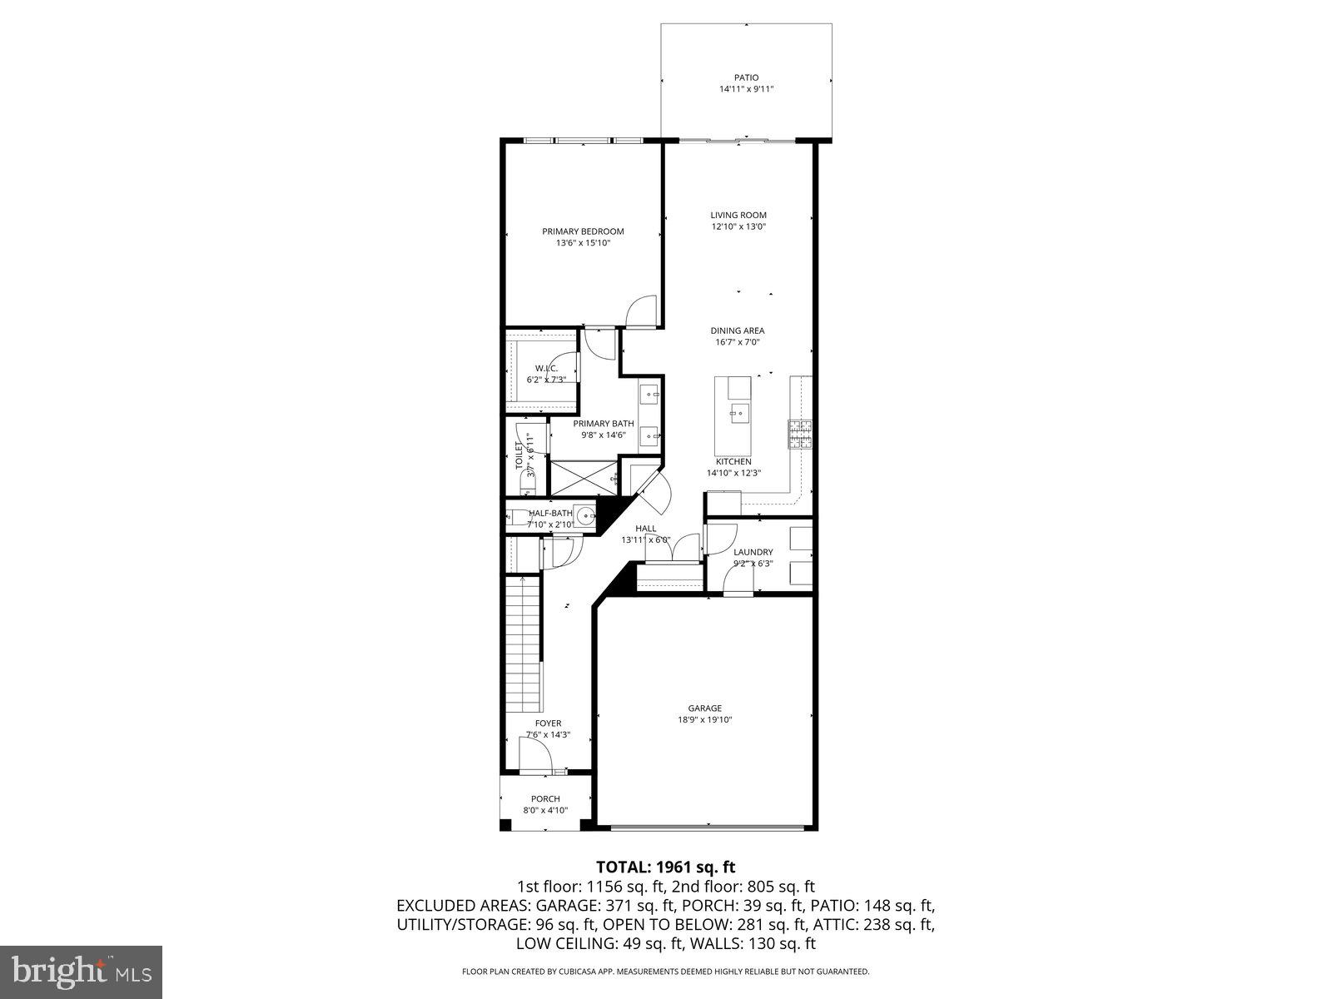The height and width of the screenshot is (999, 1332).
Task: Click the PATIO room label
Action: (746, 77)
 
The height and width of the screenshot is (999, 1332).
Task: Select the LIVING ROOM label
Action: (738, 215)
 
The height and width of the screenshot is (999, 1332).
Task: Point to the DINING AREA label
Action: (737, 331)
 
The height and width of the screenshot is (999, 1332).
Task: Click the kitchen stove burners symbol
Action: (800, 434)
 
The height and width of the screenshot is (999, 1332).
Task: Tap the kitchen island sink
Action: (738, 411)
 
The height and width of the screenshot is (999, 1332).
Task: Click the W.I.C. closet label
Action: (545, 368)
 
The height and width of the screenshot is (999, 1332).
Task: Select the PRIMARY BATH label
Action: (603, 423)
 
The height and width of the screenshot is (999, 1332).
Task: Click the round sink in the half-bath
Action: (586, 516)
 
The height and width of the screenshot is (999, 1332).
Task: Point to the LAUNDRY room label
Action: (753, 552)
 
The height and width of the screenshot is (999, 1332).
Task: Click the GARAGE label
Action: (704, 708)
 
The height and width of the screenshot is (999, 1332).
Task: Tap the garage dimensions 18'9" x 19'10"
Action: (704, 720)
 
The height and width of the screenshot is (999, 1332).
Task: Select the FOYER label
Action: (548, 723)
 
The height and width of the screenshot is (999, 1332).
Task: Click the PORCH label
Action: (545, 798)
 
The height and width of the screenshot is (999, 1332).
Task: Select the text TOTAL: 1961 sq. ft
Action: (665, 867)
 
